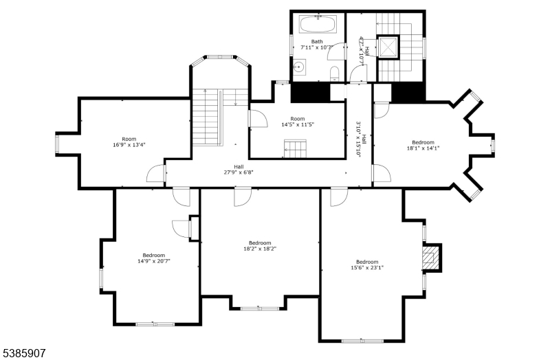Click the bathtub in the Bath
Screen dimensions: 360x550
[318, 27]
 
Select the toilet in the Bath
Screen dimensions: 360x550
[333, 74]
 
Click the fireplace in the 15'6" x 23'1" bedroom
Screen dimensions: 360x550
[430, 258]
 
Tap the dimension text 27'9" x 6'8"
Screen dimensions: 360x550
[239, 172]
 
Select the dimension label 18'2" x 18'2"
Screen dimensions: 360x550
[260, 249]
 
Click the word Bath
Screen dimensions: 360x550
[316, 41]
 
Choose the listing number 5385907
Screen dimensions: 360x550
[24, 352]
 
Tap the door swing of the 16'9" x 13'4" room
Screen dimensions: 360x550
[156, 174]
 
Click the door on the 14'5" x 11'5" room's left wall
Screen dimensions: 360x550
[258, 119]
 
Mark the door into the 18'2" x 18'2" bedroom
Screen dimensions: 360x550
[243, 197]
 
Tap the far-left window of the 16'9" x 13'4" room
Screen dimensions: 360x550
[57, 145]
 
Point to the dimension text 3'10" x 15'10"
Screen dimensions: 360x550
[358, 139]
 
